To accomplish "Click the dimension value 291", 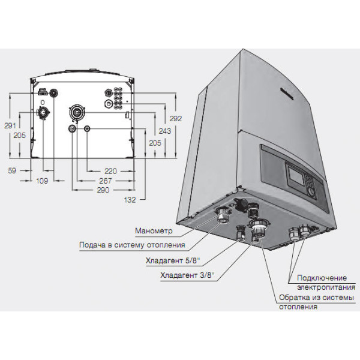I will point(10,125).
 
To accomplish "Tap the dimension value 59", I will point(12,171).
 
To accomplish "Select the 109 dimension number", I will point(41,181).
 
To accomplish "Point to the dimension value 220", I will point(109,171).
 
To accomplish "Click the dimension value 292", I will point(175,118).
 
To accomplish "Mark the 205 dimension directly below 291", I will point(19,136).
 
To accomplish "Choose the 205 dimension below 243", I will point(155,143).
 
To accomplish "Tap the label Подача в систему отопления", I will point(132,245).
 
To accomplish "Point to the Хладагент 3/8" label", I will point(188,275).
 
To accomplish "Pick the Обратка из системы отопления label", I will point(314,302).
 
